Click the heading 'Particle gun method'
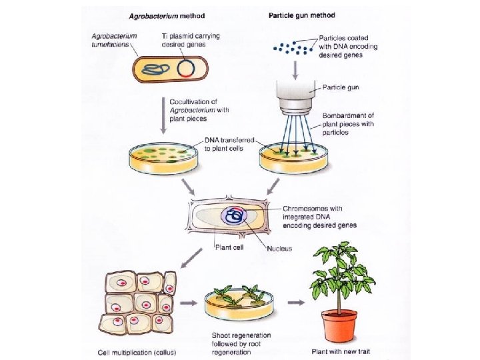[301, 15]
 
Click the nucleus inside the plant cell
[235, 215]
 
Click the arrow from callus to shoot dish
[189, 303]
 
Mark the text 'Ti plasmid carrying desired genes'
[190, 39]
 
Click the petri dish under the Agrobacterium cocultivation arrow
[162, 156]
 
